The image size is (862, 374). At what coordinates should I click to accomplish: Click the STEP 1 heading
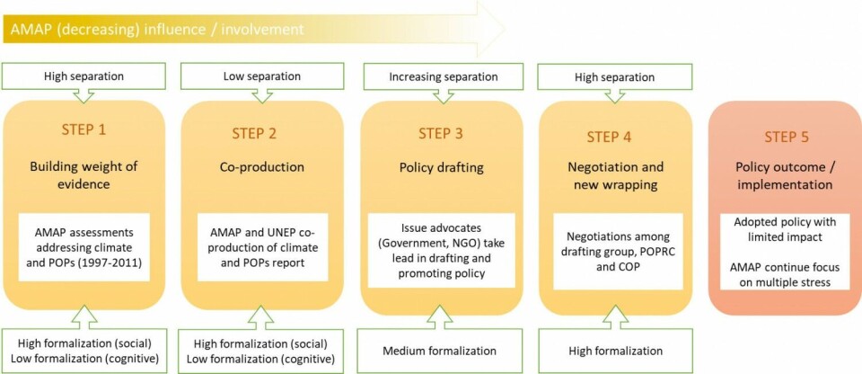click(84, 129)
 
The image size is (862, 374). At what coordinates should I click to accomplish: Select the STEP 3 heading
click(441, 134)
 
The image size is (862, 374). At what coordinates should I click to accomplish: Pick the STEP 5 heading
click(786, 137)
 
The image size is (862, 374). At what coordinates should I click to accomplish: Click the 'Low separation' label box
click(259, 76)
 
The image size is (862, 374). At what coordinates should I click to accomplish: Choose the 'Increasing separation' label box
click(443, 76)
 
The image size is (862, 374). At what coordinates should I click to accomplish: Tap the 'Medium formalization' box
click(441, 351)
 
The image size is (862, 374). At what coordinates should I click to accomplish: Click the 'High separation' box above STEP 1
click(84, 76)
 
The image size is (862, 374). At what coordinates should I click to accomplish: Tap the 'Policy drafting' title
click(441, 167)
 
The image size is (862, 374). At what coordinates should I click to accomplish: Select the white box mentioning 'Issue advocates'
click(441, 249)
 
